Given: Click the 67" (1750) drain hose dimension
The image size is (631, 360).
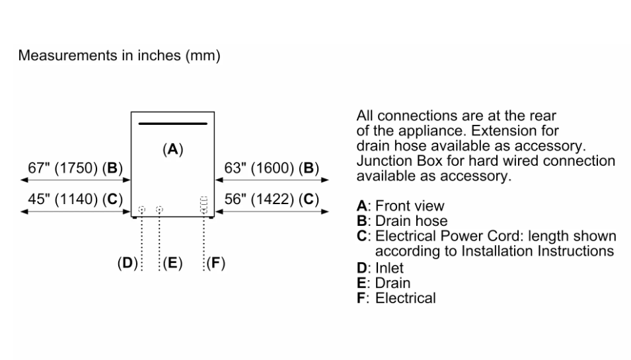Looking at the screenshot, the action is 75,168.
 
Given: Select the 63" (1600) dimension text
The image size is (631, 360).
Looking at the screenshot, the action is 272,168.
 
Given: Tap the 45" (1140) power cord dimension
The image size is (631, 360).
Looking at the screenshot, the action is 75,199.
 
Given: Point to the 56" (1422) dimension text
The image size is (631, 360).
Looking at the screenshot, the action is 272,199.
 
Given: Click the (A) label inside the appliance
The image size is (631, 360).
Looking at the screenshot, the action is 172,149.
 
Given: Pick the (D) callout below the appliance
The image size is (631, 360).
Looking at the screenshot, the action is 128,263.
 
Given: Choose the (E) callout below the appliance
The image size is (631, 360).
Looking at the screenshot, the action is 172,263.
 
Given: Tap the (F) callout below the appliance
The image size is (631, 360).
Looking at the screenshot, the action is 215,263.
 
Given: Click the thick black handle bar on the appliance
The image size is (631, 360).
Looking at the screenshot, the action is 172,124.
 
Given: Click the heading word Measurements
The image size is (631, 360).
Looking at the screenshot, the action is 68,55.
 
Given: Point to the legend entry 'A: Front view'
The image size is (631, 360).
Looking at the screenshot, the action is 400,206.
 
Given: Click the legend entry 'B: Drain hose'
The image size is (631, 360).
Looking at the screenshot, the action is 402,221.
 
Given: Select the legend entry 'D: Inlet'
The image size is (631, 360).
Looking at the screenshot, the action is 380,268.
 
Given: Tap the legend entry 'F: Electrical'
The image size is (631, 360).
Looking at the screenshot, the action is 396,298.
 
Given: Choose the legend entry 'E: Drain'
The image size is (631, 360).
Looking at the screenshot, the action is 383,283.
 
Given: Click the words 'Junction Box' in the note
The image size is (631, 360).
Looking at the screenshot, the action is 397,161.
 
